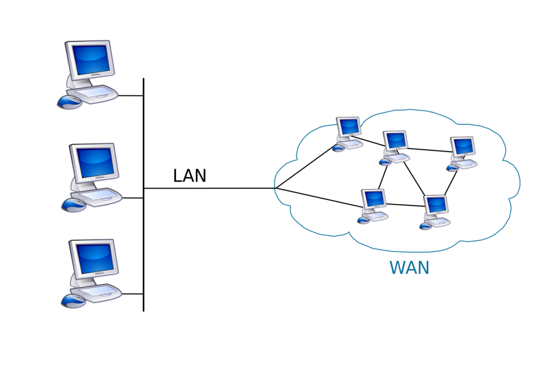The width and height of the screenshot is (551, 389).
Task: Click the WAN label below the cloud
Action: [409, 267]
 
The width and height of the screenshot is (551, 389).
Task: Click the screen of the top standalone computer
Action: [90, 57]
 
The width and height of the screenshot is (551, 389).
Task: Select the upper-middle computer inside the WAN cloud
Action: [395, 145]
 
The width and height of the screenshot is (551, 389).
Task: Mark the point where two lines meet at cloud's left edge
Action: [274, 189]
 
